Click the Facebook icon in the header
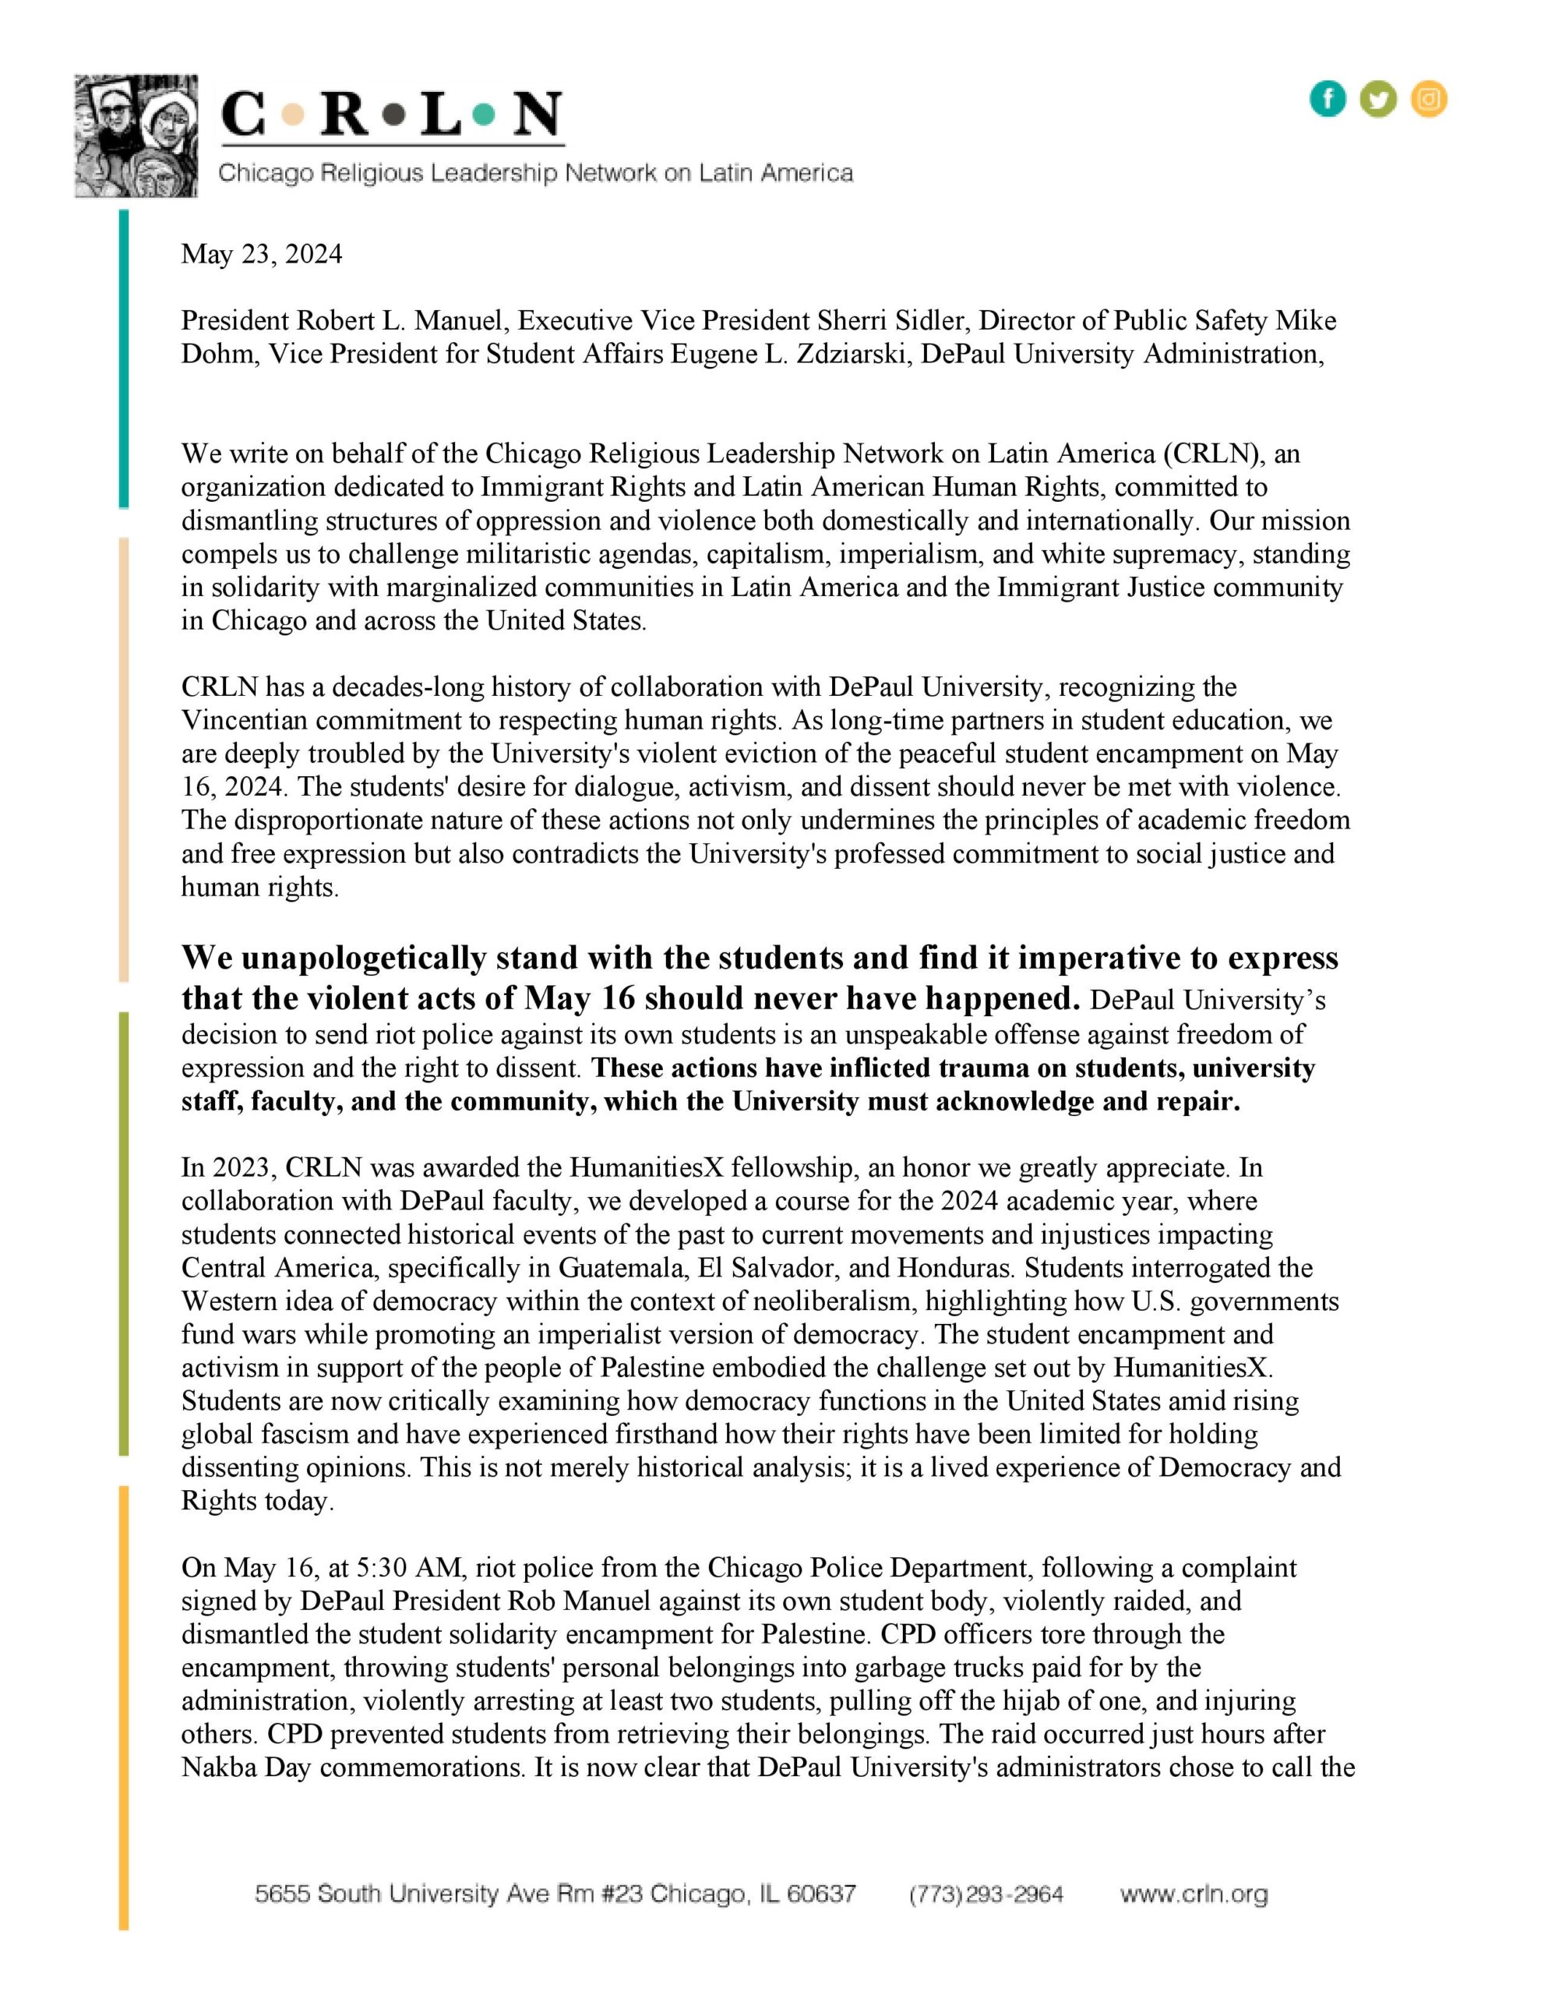(1328, 99)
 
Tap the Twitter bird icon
(1377, 99)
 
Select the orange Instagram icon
(1429, 99)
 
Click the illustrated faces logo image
(136, 136)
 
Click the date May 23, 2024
(261, 254)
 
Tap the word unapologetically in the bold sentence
(362, 959)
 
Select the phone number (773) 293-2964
(986, 1894)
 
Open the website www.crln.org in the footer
(1194, 1894)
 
